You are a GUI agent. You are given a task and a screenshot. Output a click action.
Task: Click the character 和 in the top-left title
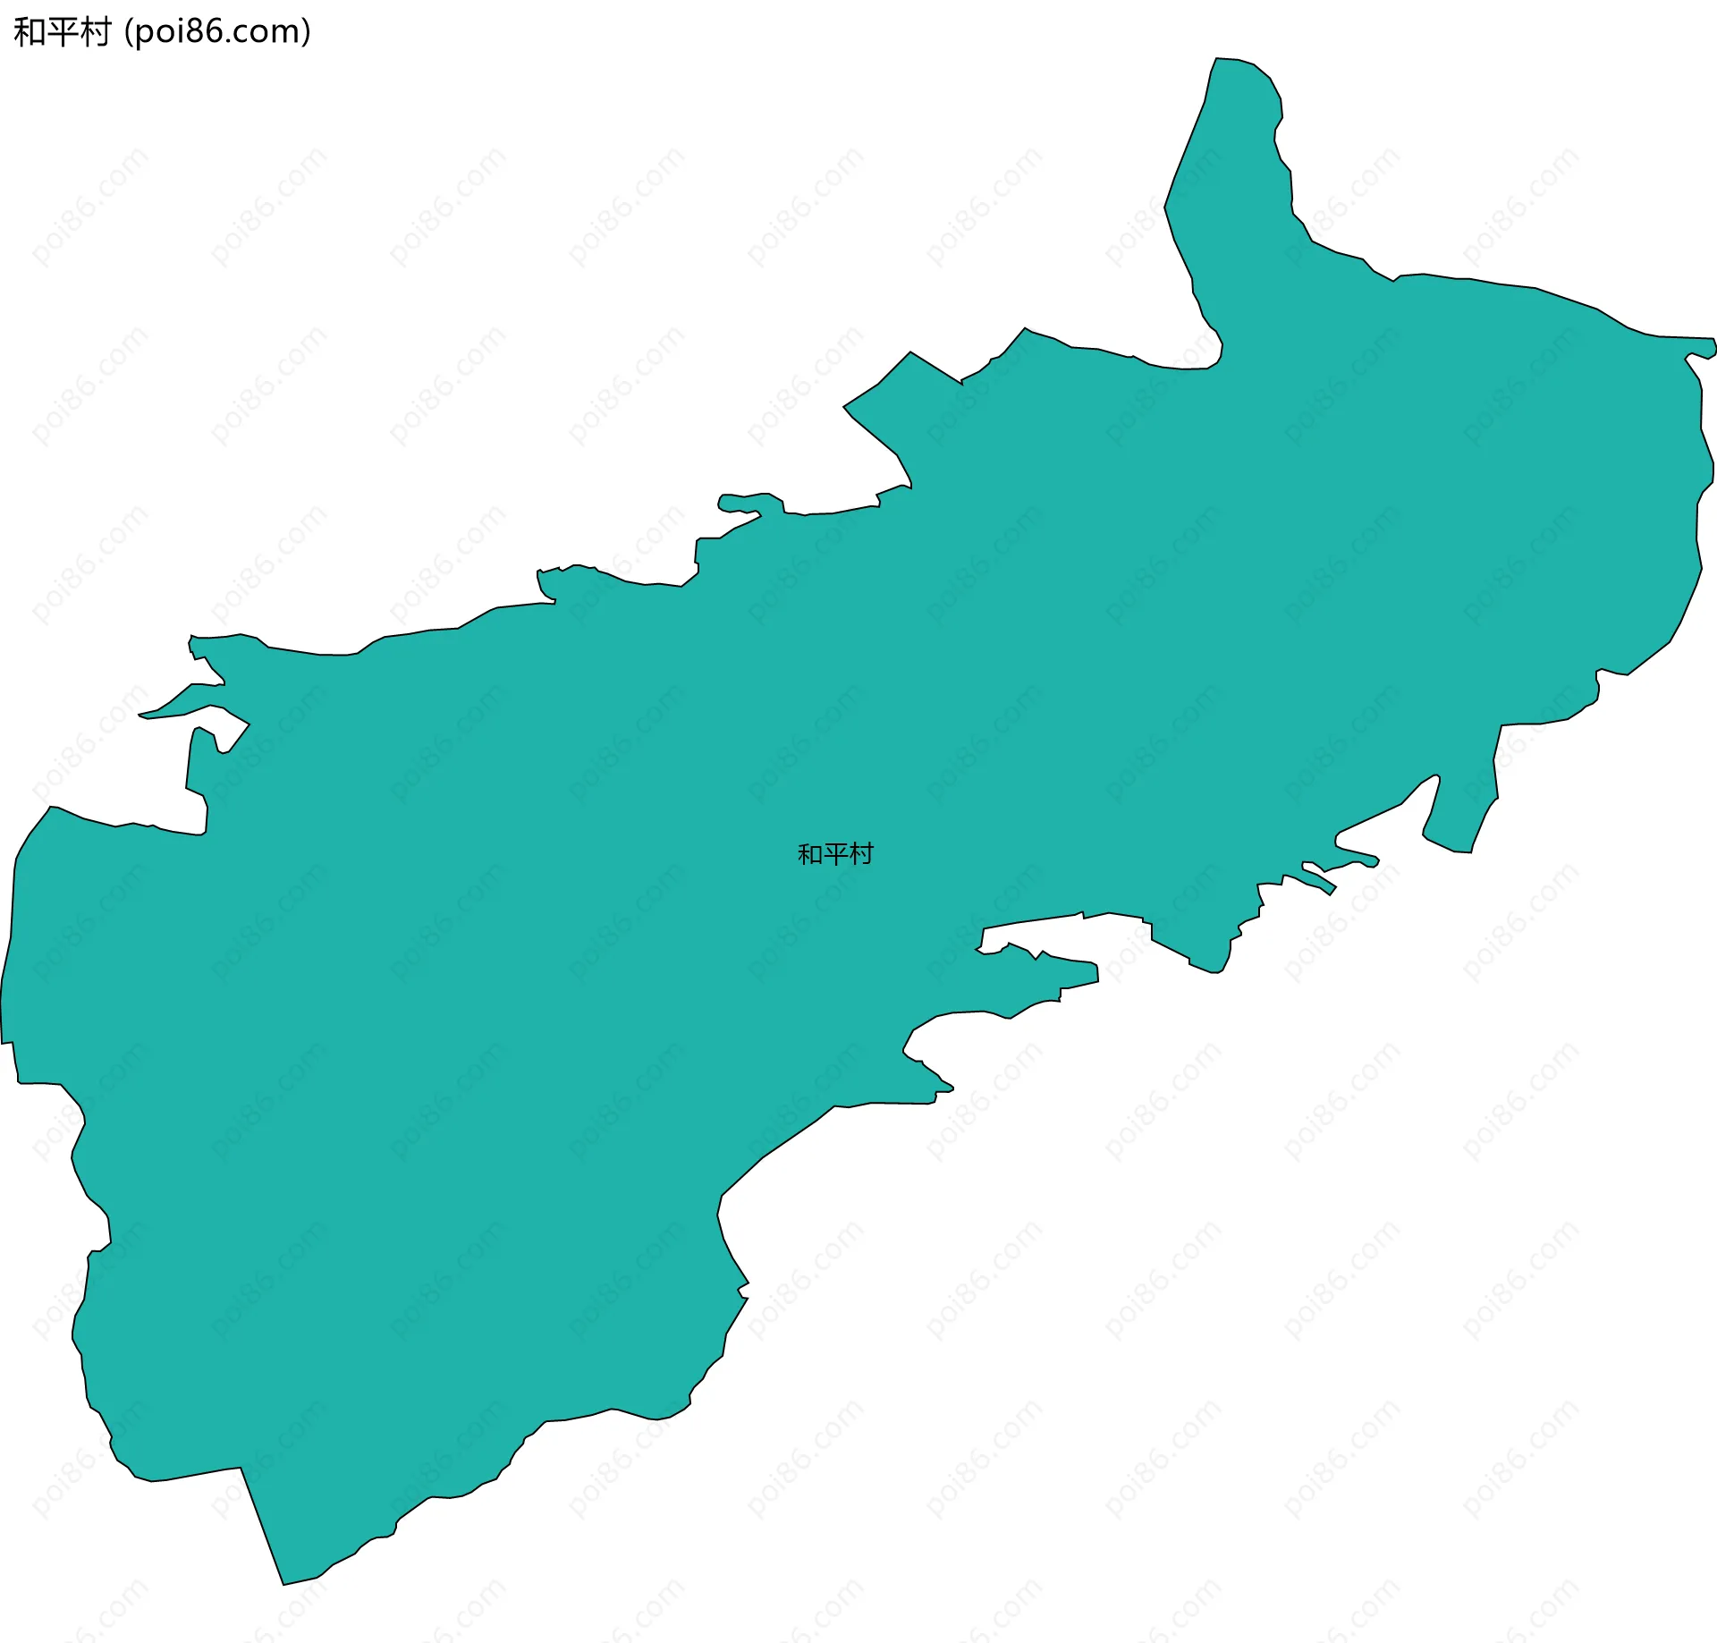(x=29, y=32)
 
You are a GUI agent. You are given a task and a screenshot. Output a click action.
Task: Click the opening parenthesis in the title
(x=128, y=32)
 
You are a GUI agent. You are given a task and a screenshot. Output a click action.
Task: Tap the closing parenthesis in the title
(x=307, y=32)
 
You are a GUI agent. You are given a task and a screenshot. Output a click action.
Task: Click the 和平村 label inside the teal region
(x=834, y=854)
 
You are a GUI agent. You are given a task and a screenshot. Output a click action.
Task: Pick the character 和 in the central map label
(x=809, y=854)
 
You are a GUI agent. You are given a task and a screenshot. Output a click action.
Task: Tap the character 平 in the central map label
(x=834, y=854)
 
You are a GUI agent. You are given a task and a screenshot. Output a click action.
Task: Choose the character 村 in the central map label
(x=860, y=854)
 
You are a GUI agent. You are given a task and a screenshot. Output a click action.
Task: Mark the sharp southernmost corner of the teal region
(x=283, y=1584)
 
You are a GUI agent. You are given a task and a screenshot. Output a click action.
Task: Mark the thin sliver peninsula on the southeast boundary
(x=1319, y=881)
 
